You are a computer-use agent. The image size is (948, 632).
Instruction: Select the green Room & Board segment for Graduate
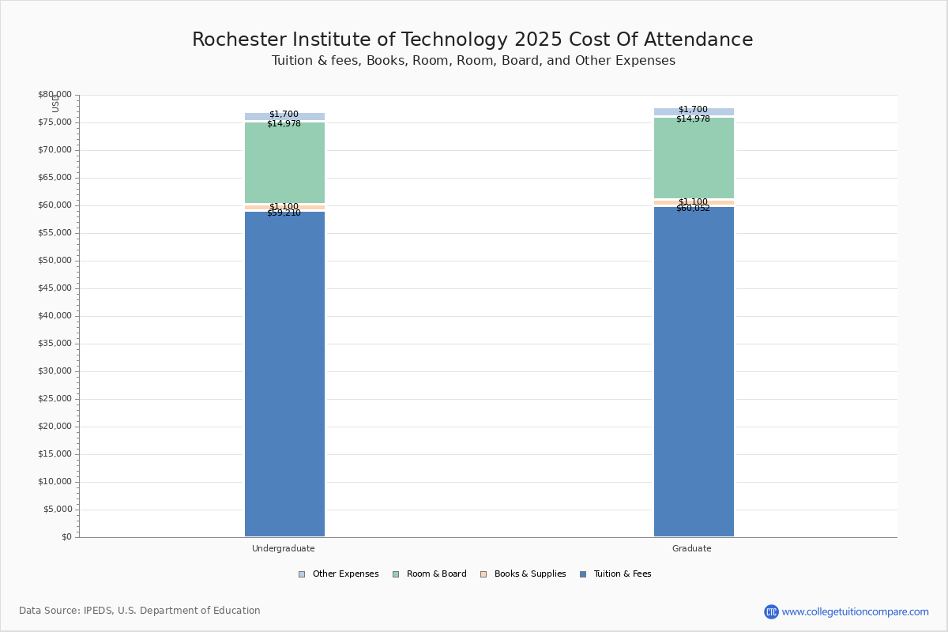[694, 158]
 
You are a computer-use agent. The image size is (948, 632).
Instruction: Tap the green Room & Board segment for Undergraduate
[284, 163]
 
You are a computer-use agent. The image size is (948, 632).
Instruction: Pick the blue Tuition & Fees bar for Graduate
[694, 371]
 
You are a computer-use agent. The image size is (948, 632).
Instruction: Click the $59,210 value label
[284, 213]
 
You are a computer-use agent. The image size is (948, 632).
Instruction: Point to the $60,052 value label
[693, 209]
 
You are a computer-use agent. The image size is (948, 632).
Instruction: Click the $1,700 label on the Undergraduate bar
[284, 115]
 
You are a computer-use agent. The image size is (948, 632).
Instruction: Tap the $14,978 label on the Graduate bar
[693, 119]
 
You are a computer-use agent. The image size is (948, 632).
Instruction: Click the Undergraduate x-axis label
[284, 548]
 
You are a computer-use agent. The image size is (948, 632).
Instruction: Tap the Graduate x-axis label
[692, 548]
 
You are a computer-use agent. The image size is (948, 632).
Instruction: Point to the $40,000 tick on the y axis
[55, 316]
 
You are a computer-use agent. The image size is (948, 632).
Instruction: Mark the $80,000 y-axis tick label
[55, 95]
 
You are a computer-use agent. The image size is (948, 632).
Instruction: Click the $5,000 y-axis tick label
[57, 510]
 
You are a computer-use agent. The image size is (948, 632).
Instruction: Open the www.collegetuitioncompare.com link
[855, 611]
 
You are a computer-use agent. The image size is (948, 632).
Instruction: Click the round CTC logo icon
[771, 611]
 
